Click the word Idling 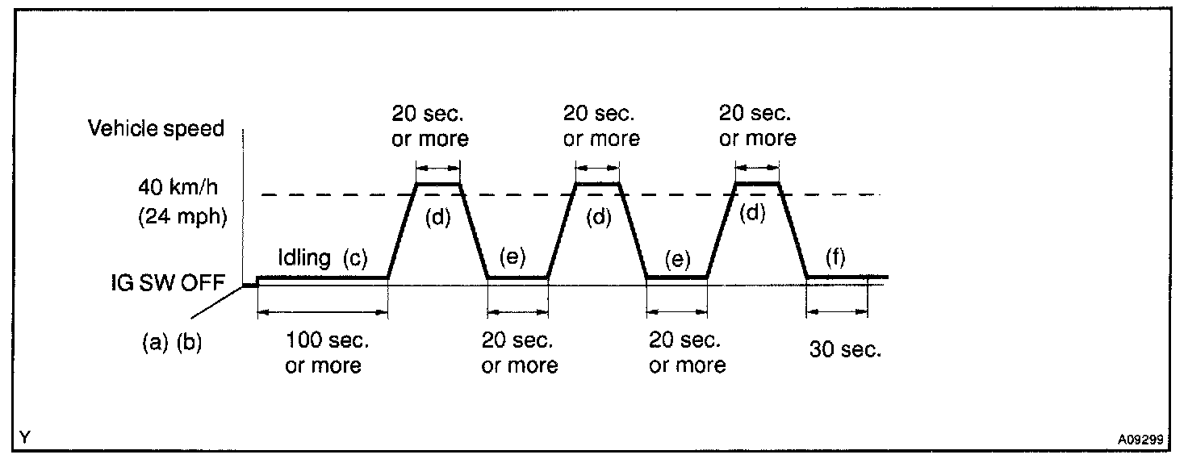point(303,258)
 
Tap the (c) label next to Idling point(354,258)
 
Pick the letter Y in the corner point(26,438)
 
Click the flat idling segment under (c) point(323,278)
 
